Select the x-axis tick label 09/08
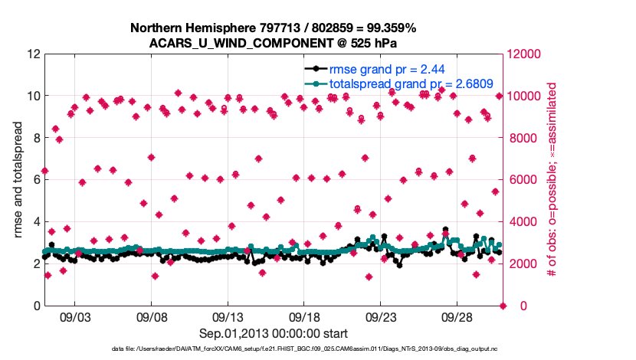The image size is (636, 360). [x=151, y=316]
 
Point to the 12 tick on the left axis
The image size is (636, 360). [x=33, y=54]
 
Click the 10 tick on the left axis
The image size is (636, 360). [x=33, y=97]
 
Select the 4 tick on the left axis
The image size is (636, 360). [x=36, y=222]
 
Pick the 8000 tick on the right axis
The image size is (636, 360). [x=523, y=139]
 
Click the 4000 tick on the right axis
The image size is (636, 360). [x=523, y=222]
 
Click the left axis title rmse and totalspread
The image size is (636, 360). [x=18, y=180]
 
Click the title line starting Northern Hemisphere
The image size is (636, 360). [x=274, y=28]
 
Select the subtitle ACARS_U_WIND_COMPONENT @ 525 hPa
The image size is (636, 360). [x=274, y=42]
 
